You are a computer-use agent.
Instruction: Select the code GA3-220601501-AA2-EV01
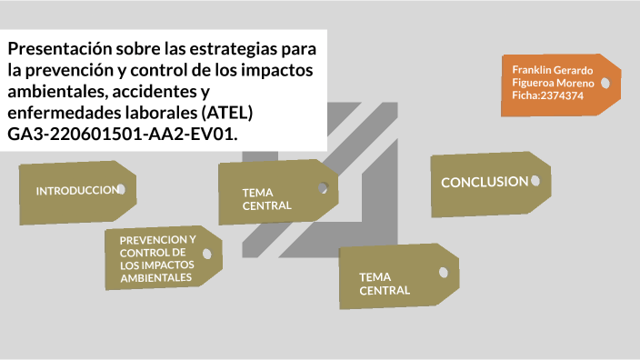click(x=123, y=135)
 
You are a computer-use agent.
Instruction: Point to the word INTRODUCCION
click(x=76, y=191)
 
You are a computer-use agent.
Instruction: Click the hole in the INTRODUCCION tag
click(x=121, y=189)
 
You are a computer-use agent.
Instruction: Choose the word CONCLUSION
click(x=484, y=182)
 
